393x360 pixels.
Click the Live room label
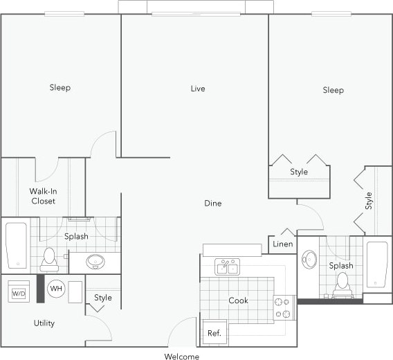point(198,89)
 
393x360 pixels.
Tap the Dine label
point(212,204)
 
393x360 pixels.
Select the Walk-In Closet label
point(43,196)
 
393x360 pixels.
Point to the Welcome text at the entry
point(181,357)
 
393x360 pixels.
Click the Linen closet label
point(282,244)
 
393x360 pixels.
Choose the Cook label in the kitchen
point(238,300)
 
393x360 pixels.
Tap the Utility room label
point(44,323)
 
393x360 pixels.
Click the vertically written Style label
point(369,201)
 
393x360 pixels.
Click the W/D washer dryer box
point(18,293)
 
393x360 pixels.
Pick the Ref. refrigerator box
point(214,333)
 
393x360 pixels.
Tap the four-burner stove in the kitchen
point(284,307)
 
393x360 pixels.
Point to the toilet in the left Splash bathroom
point(49,260)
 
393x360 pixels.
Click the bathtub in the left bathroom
point(16,245)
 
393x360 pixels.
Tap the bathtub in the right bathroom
point(377,264)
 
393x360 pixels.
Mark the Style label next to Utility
point(103,298)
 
